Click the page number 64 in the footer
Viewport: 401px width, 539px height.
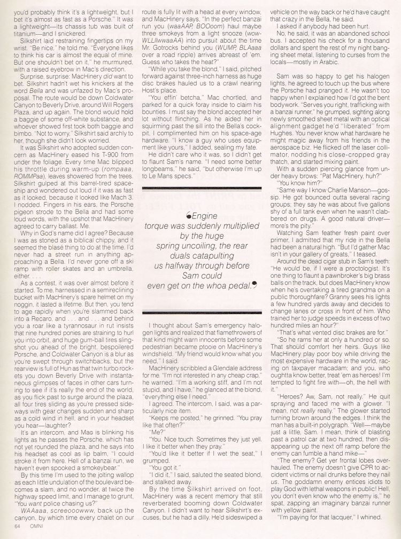(9, 526)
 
